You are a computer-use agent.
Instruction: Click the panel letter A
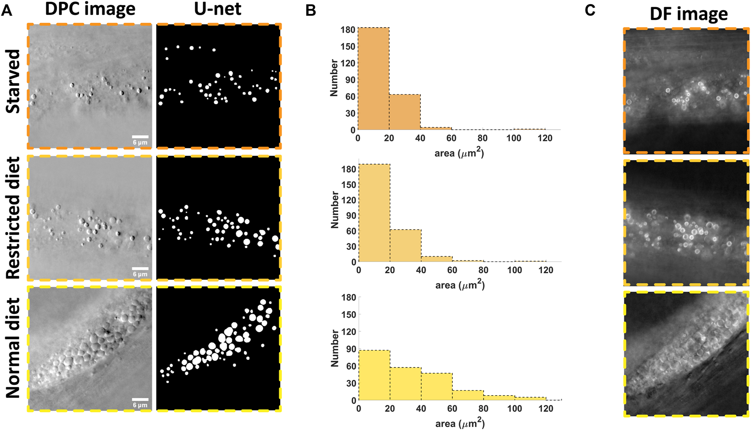click(6, 10)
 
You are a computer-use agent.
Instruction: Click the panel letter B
click(311, 11)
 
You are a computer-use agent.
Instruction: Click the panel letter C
click(590, 11)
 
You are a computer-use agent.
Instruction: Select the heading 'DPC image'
click(90, 9)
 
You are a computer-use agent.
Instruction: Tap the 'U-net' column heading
click(217, 9)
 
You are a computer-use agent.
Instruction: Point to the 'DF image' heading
click(689, 14)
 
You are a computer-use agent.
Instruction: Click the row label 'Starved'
click(13, 81)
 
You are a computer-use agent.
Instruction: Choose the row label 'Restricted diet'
click(13, 218)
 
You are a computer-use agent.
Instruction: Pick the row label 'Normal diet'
click(13, 348)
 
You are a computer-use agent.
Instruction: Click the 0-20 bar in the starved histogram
click(373, 79)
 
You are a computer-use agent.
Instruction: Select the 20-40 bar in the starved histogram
click(405, 112)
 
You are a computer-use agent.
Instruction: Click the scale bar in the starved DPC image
click(140, 137)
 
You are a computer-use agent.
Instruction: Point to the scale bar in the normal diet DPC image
click(140, 399)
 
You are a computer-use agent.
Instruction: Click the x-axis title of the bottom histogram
click(460, 423)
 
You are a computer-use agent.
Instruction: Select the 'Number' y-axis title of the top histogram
click(334, 78)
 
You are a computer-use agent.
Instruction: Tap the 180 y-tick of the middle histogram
click(349, 169)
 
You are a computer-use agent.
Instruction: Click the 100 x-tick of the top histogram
click(514, 138)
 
